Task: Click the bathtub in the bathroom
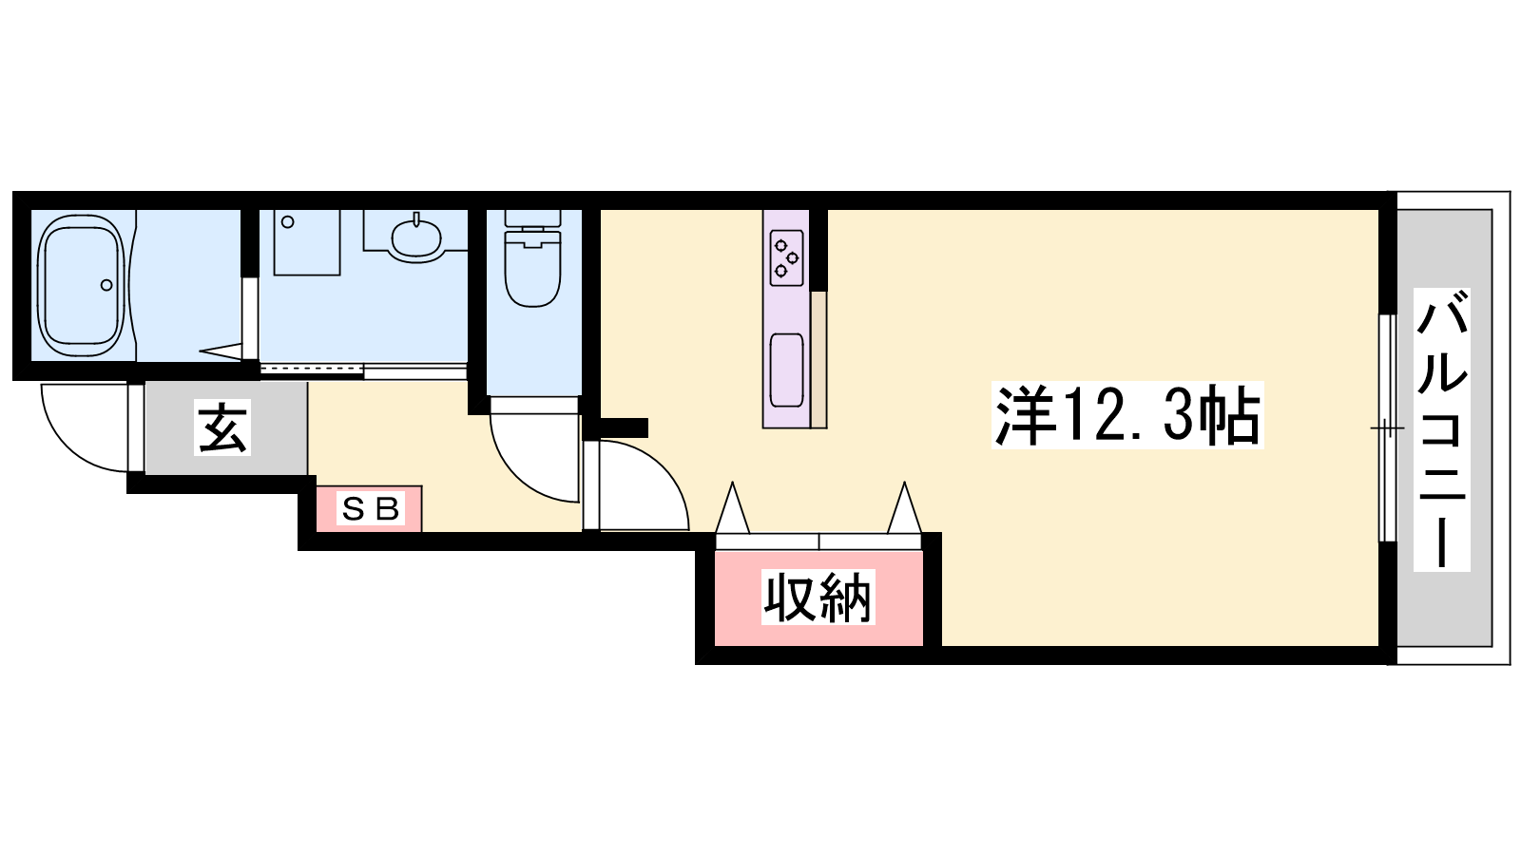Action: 82,286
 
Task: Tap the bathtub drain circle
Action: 106,285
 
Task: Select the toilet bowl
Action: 533,270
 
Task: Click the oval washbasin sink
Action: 416,237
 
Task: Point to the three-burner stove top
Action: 787,257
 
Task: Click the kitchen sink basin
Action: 787,370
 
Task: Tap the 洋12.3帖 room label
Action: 1127,415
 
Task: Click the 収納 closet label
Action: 818,598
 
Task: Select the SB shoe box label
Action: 370,509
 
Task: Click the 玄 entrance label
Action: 222,427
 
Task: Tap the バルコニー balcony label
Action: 1441,429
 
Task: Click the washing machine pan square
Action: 307,242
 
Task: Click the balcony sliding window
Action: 1387,428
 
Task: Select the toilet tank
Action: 533,218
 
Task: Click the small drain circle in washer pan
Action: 288,222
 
